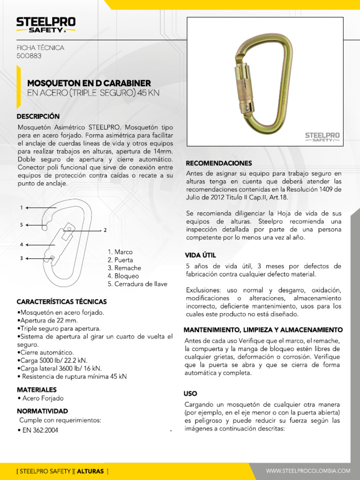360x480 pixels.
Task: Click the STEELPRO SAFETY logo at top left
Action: tap(46, 25)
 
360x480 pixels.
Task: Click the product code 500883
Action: tap(29, 56)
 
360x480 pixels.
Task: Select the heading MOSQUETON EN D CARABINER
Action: tap(89, 82)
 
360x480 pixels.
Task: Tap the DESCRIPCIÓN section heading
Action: tap(38, 116)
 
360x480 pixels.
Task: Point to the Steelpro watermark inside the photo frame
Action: tap(322, 136)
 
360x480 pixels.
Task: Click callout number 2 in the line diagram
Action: tap(105, 230)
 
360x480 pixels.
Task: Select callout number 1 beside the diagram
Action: tap(22, 207)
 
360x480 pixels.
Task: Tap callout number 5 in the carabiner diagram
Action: tap(22, 225)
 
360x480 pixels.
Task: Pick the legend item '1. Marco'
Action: tap(120, 252)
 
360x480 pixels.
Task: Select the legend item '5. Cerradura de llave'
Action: tap(137, 284)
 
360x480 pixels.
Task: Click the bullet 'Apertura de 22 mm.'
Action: tap(47, 321)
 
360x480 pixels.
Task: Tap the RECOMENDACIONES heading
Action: tap(219, 163)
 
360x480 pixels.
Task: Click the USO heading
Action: tap(190, 393)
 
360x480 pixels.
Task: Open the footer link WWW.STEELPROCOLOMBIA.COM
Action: tap(308, 471)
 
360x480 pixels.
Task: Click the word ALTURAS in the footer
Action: tap(90, 471)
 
